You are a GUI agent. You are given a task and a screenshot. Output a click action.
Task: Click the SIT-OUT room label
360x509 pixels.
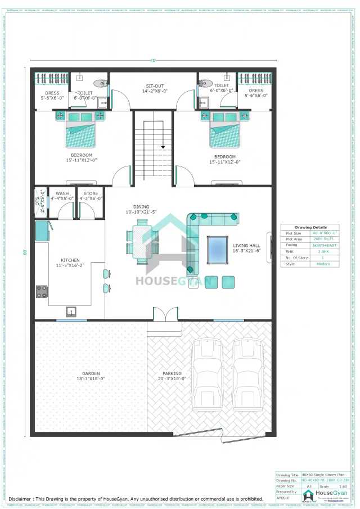[x=155, y=86]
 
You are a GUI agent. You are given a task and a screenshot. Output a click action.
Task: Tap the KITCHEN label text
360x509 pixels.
[x=70, y=260]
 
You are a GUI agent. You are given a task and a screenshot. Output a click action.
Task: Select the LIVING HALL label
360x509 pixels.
[x=246, y=245]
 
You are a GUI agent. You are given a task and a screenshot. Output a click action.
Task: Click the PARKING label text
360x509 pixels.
[x=172, y=373]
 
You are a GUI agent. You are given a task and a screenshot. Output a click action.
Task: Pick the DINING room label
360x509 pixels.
[x=141, y=207]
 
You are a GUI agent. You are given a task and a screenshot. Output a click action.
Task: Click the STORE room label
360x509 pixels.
[x=91, y=193]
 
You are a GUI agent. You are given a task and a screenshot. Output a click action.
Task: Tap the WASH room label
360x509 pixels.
[x=62, y=193]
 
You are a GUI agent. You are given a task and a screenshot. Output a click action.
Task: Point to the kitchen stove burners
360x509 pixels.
[x=42, y=291]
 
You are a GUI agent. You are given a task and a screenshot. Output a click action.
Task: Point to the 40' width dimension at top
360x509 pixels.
[x=152, y=61]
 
